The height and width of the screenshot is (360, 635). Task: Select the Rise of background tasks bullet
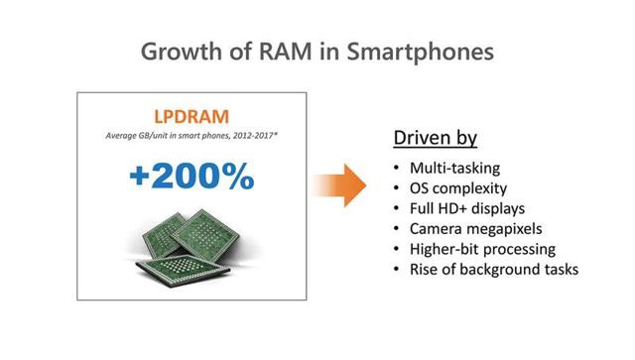(486, 269)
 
